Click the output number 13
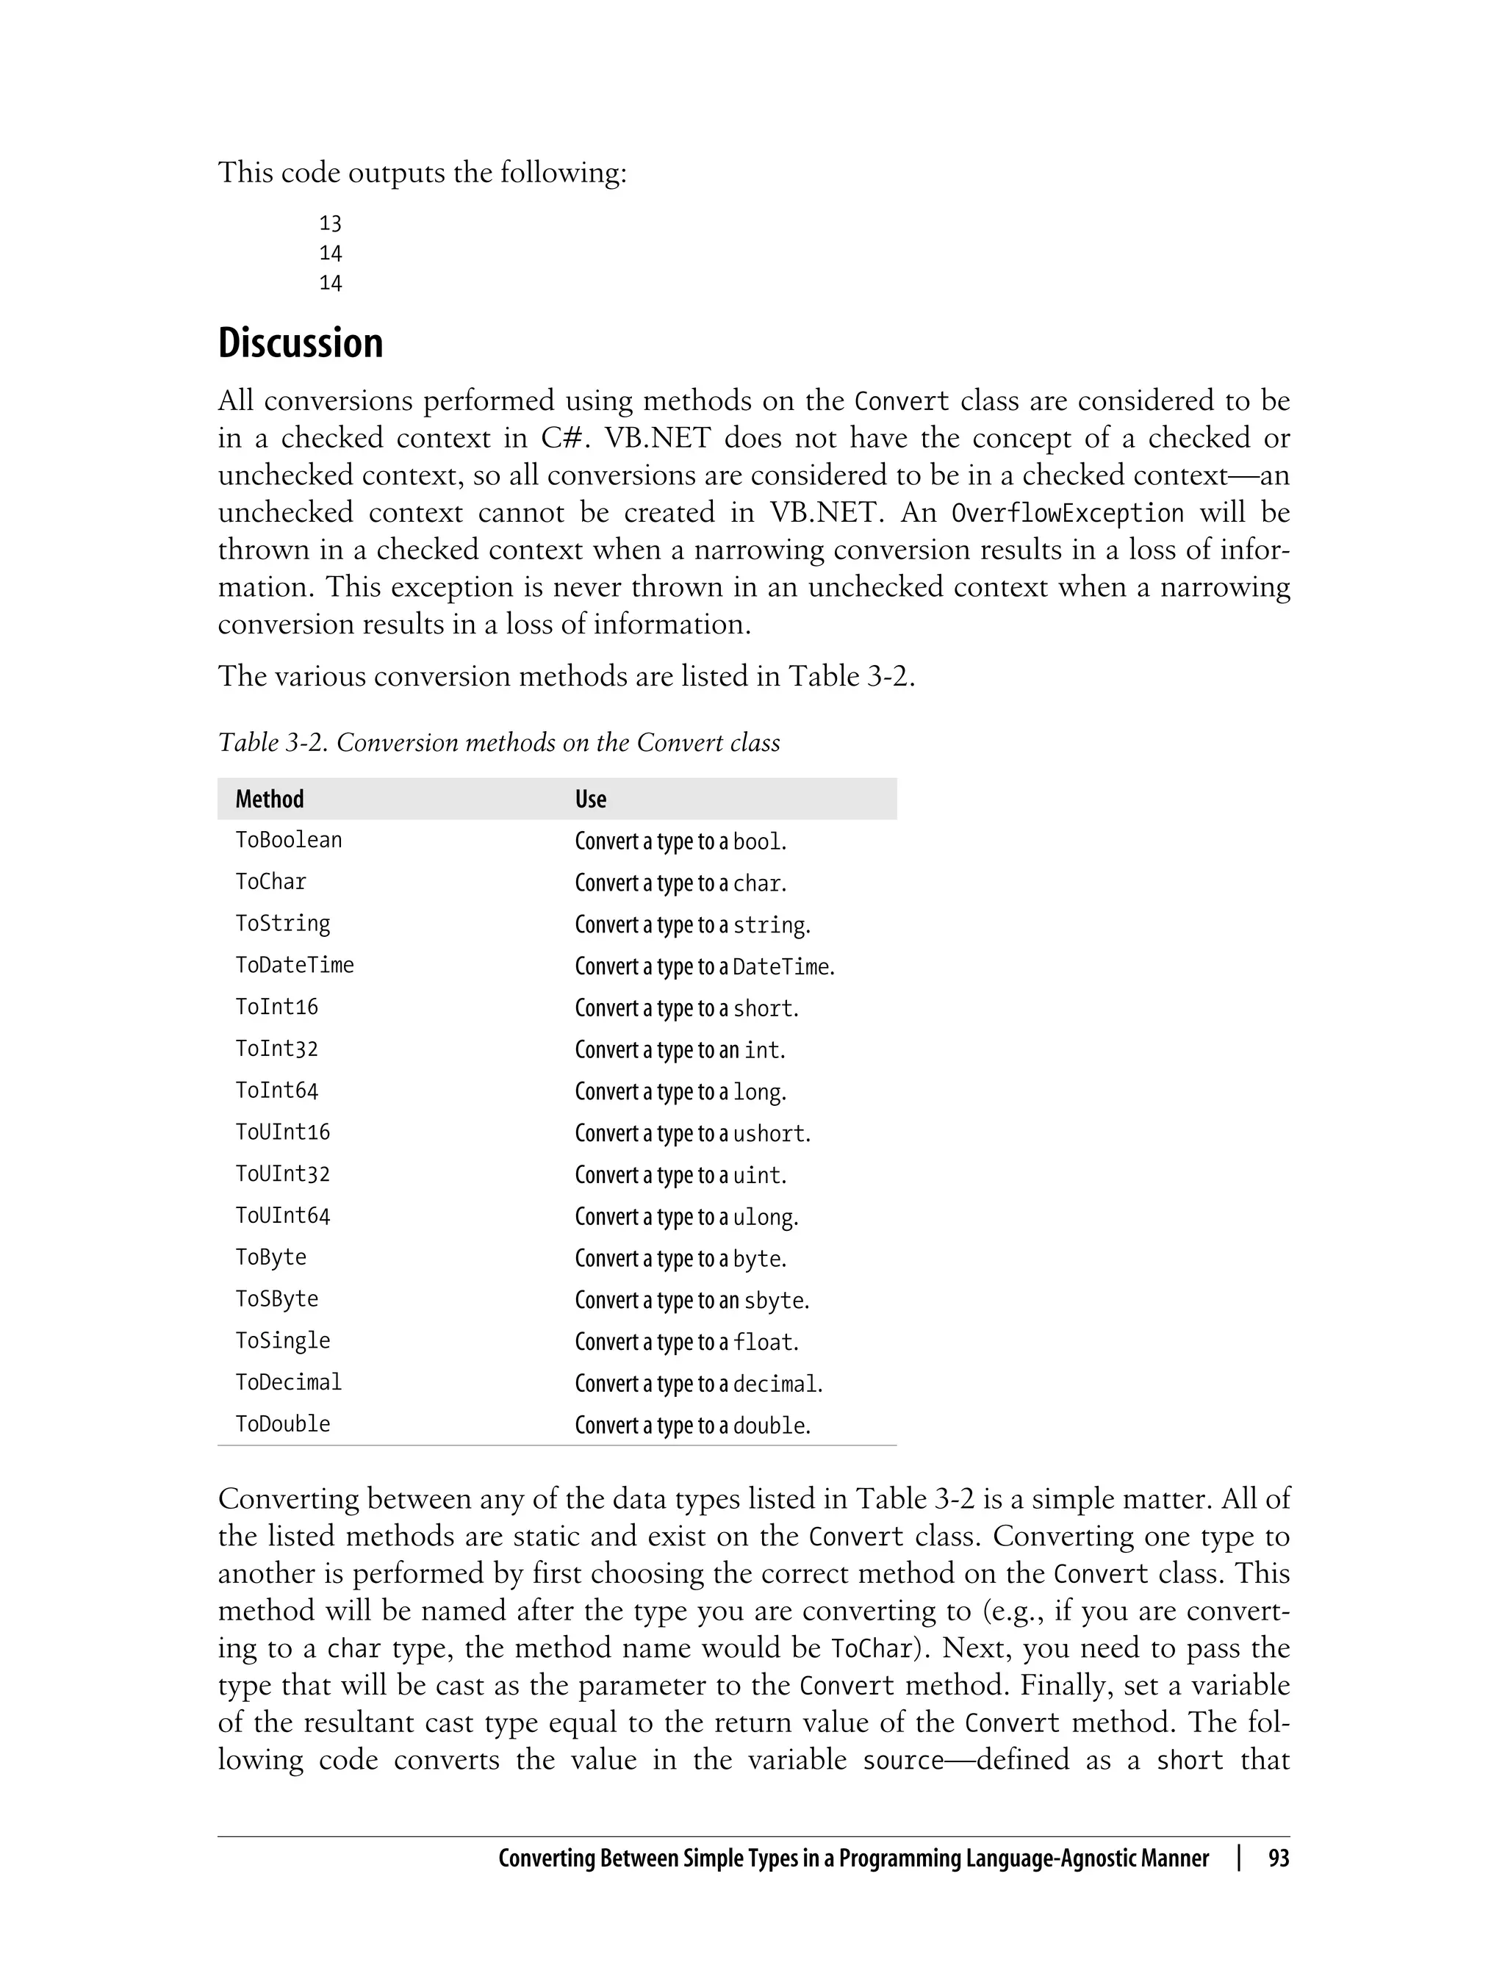[x=331, y=223]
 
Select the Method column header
[x=270, y=799]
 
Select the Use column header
[x=590, y=799]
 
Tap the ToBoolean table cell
[x=289, y=840]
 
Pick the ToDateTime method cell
[x=295, y=966]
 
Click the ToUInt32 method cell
[x=283, y=1174]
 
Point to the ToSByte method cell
[x=277, y=1300]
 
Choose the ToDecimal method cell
[x=289, y=1383]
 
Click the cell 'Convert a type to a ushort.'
[x=692, y=1133]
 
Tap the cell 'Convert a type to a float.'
[x=686, y=1342]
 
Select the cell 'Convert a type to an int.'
[x=680, y=1050]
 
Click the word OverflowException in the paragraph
[x=1067, y=513]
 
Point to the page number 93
[x=1279, y=1858]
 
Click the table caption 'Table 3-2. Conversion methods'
[x=499, y=743]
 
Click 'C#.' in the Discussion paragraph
[x=563, y=438]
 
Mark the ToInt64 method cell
[x=277, y=1091]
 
